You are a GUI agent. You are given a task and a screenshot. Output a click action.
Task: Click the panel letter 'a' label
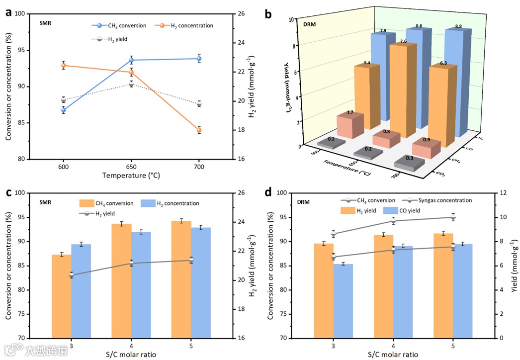pos(8,13)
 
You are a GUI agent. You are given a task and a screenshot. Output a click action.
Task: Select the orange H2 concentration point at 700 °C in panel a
pos(199,130)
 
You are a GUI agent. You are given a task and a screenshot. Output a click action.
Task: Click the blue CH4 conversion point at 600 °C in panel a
pos(64,110)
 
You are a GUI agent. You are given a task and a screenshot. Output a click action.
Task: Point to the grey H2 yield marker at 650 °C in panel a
pos(131,85)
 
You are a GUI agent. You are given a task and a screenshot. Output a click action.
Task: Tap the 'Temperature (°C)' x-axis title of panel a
pos(131,175)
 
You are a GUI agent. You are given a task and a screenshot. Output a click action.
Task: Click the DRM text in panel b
pos(309,24)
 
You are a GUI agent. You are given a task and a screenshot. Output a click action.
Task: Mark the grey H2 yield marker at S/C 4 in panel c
pos(131,263)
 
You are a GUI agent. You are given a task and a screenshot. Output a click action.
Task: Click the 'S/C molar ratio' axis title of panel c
pos(131,354)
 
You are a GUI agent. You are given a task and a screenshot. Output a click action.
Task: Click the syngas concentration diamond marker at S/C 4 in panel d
pos(393,221)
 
